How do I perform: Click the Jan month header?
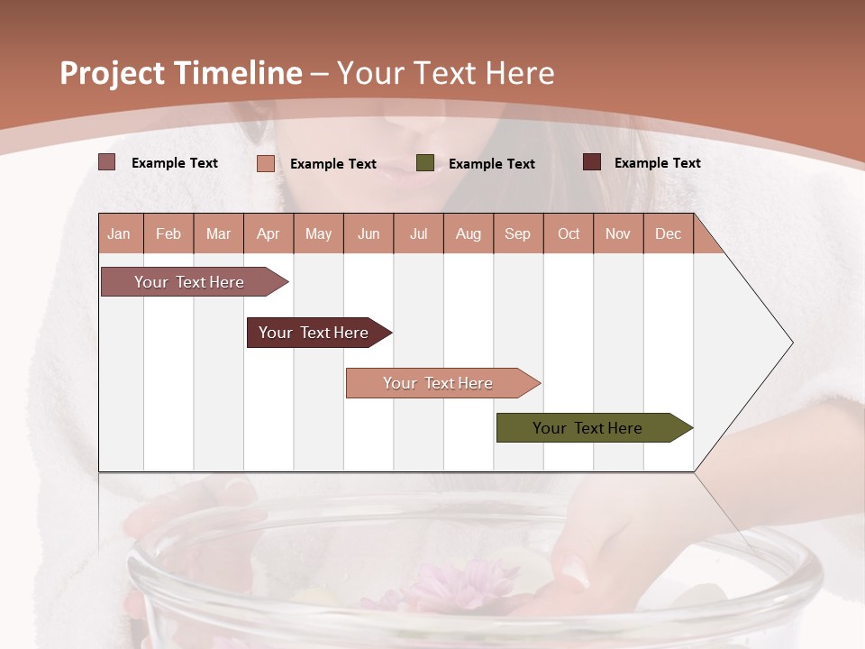119,233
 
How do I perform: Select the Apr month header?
269,233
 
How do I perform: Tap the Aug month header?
468,233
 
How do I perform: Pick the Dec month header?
668,233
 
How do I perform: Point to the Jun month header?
369,233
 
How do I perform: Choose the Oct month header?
569,233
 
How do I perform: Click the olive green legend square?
425,163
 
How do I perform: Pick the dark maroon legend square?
592,162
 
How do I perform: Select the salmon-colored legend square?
266,163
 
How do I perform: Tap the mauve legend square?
107,162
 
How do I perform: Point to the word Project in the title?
113,73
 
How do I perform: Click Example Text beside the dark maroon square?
657,163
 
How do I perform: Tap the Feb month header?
168,233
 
